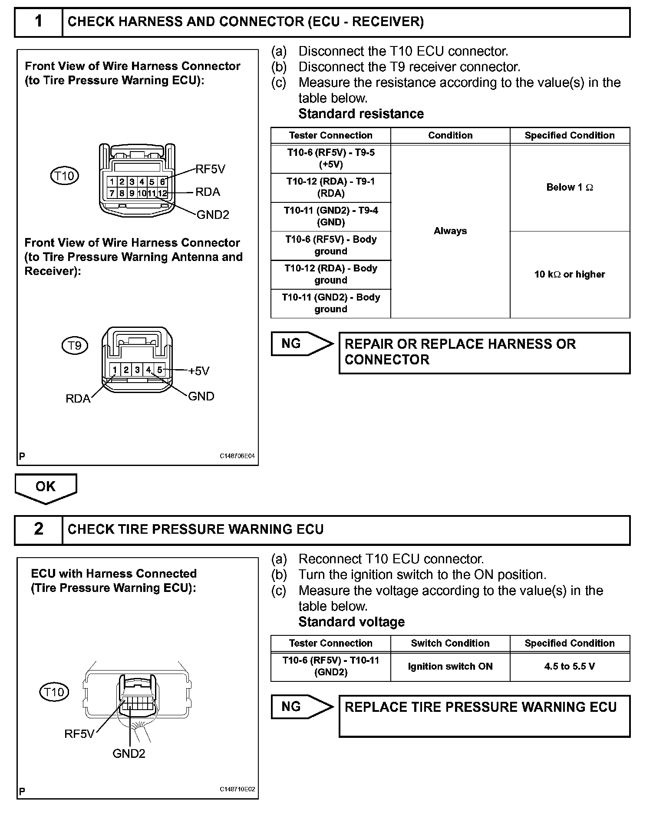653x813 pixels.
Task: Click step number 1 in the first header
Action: point(39,21)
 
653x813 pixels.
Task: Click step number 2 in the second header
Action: point(39,529)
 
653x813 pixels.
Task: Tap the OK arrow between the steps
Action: point(46,487)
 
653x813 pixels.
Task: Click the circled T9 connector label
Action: point(75,345)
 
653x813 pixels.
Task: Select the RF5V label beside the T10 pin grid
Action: point(211,169)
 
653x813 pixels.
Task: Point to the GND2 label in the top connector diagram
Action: point(213,215)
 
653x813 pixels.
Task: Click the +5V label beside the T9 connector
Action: point(199,371)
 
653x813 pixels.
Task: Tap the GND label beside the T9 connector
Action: point(201,396)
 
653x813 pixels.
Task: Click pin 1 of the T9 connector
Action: point(115,370)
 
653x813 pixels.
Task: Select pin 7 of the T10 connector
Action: point(112,193)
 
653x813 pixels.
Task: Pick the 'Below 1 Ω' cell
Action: point(570,188)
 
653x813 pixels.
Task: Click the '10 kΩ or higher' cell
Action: point(570,274)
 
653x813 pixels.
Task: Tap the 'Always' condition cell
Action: point(450,231)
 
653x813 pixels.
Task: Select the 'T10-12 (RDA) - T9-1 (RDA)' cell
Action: point(330,188)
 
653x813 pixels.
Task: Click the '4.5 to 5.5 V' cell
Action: point(570,666)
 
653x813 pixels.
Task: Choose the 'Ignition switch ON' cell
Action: point(450,666)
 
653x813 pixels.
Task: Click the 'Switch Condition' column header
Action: point(450,643)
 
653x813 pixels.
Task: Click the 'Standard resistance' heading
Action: point(361,114)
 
